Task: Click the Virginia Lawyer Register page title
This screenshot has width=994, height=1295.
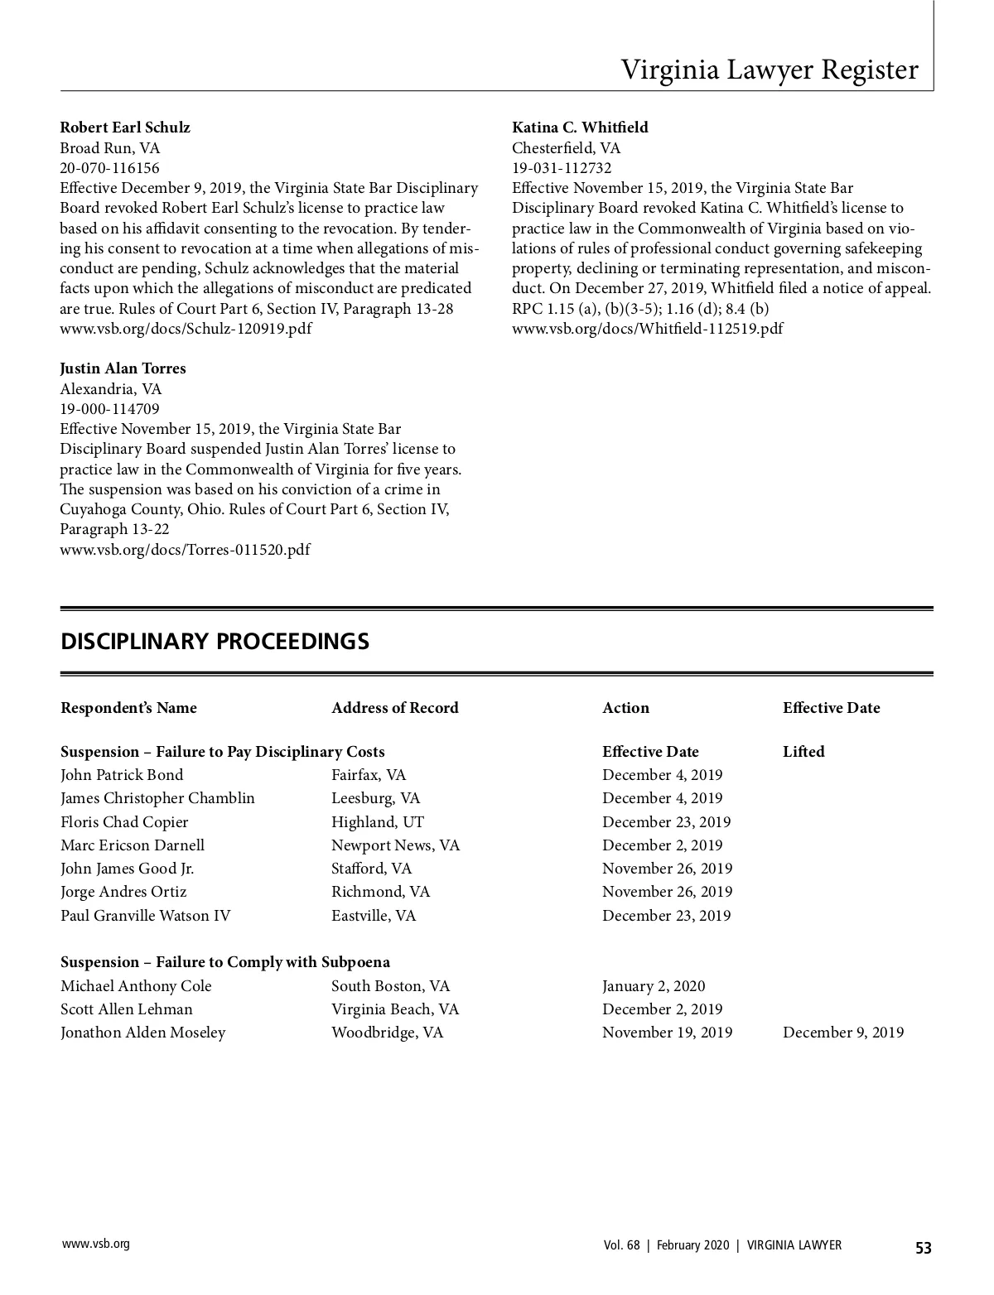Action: (x=770, y=70)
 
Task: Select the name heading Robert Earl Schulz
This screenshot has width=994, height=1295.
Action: (x=125, y=128)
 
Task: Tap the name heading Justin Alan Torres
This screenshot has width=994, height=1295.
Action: (x=123, y=368)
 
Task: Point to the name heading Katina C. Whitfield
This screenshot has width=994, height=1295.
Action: (x=580, y=128)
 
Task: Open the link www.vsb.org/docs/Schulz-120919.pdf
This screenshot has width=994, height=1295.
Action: (x=186, y=329)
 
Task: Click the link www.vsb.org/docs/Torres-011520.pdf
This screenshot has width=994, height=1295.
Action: (x=185, y=550)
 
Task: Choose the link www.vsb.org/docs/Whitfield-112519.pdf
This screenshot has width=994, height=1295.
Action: (x=647, y=329)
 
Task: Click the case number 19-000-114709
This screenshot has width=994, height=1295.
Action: (x=109, y=409)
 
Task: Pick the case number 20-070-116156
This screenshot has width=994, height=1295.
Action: (x=109, y=168)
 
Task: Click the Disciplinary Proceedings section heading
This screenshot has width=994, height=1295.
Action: (x=215, y=642)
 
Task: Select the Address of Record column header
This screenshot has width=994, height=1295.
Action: (x=394, y=708)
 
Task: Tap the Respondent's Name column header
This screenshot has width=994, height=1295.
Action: (x=128, y=708)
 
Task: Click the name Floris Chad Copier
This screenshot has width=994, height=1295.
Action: (x=124, y=822)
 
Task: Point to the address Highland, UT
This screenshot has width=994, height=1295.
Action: (x=365, y=822)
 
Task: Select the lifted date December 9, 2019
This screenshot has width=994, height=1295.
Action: (x=842, y=1033)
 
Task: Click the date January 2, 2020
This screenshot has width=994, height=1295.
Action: (x=654, y=986)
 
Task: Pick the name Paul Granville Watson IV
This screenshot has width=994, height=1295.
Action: (x=145, y=916)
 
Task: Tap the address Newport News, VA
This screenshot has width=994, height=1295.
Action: (x=395, y=845)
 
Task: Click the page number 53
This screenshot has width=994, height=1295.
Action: (x=923, y=1248)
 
